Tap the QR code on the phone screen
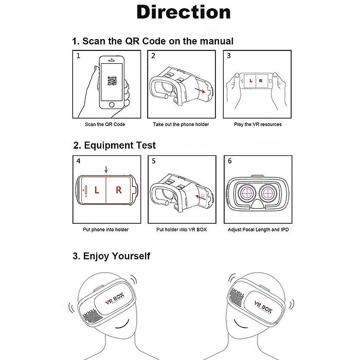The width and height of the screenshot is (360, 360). [112, 81]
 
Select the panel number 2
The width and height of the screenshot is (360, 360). [153, 56]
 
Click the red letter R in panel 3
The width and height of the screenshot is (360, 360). [260, 81]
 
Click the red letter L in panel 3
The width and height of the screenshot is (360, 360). [250, 81]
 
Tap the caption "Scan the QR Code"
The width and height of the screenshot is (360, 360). [105, 124]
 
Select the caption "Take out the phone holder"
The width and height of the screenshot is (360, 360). [181, 124]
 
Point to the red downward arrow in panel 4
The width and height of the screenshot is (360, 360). [105, 169]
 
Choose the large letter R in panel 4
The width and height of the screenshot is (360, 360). [118, 190]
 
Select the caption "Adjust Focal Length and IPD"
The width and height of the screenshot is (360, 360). [258, 229]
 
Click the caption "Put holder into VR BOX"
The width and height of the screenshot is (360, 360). [182, 229]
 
